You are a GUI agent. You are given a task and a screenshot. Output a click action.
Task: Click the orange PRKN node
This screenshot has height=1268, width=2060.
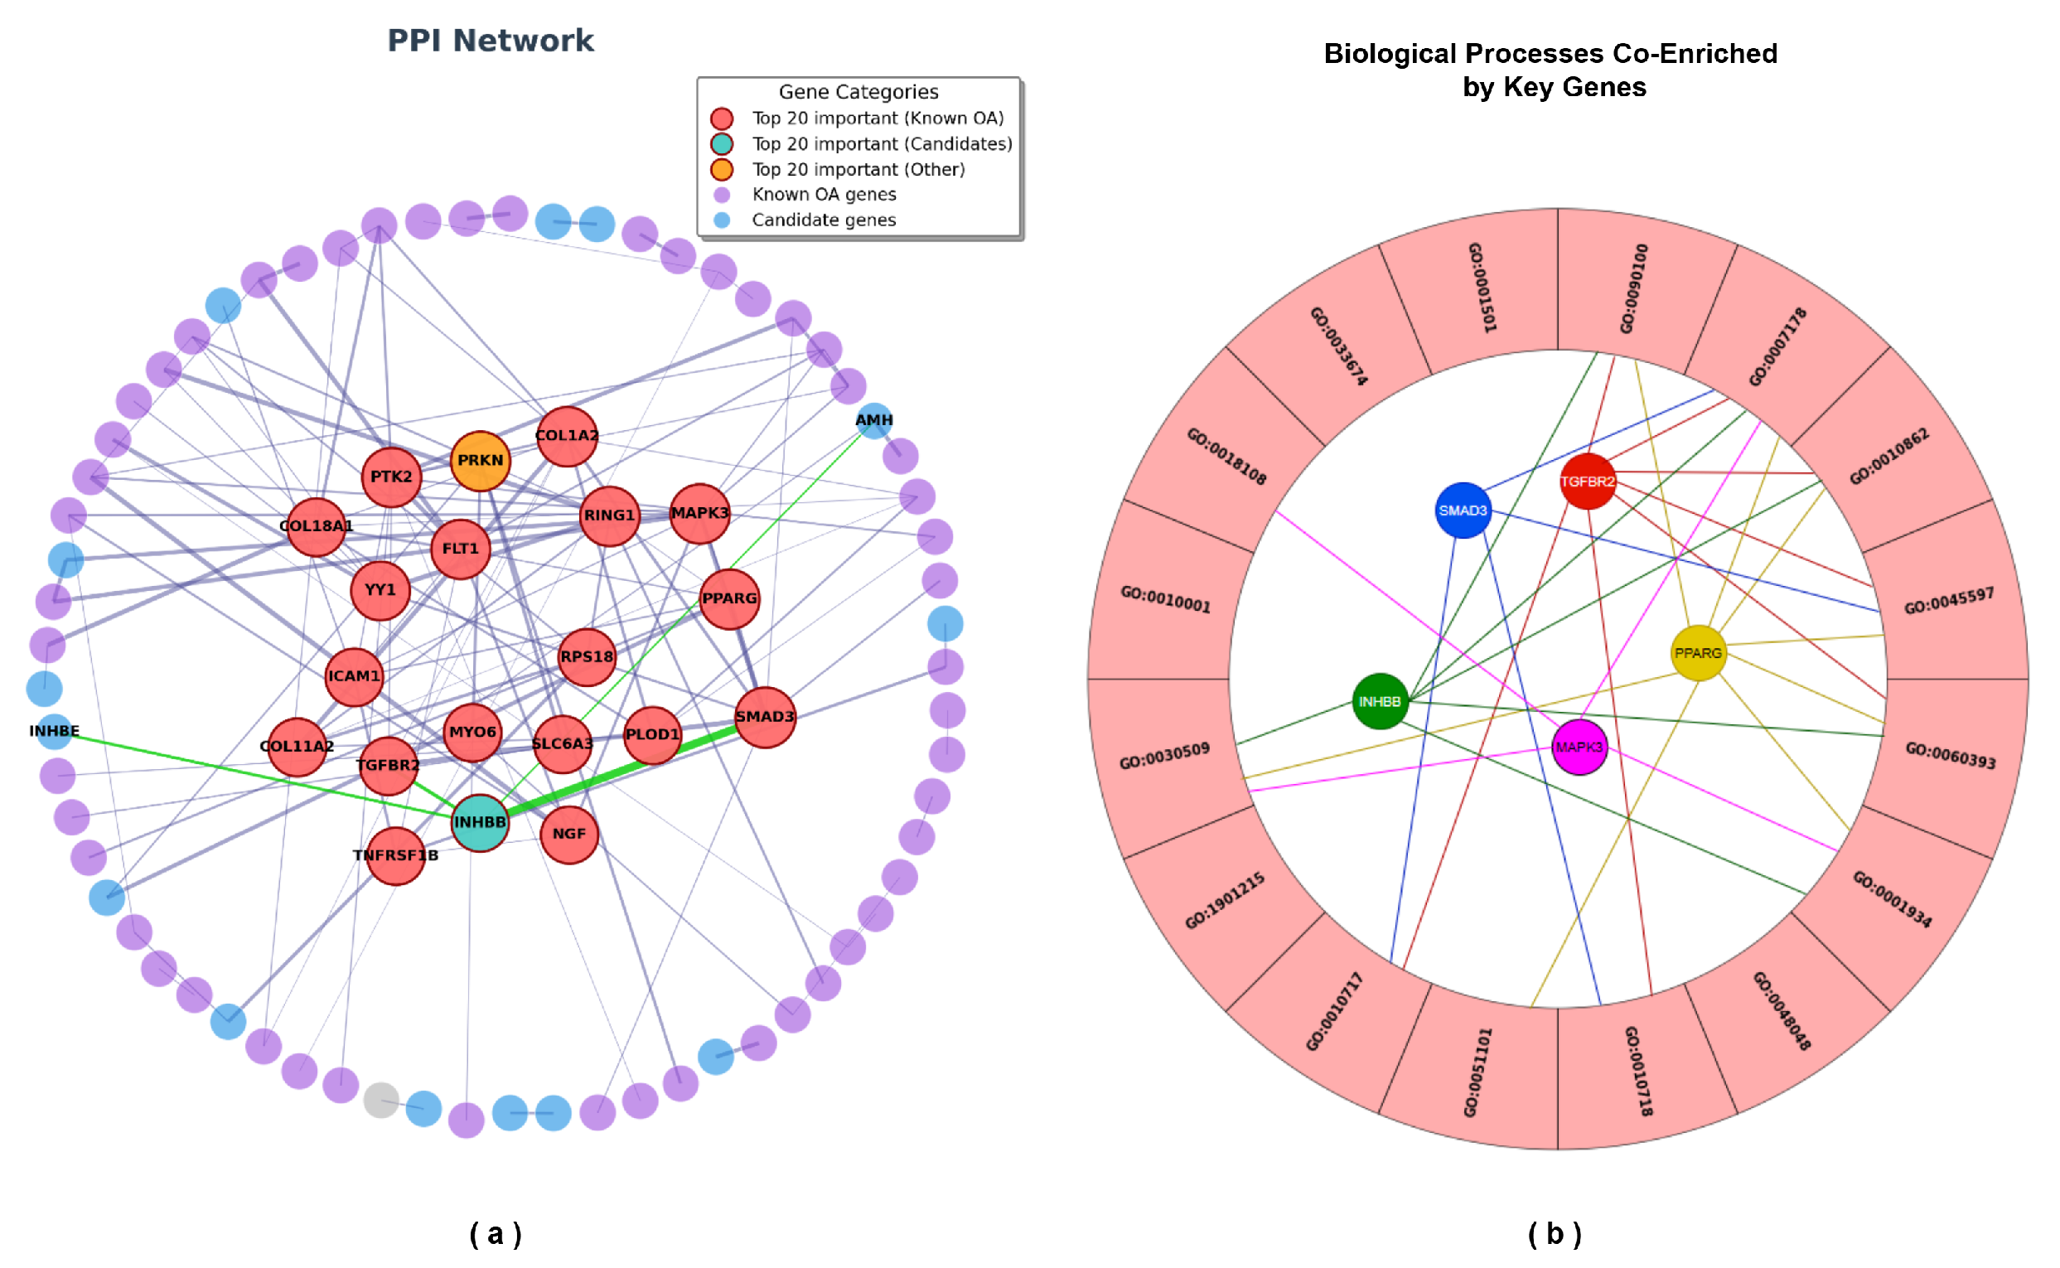(x=481, y=461)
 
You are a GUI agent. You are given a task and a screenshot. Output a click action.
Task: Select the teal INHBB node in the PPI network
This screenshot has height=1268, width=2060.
(x=480, y=823)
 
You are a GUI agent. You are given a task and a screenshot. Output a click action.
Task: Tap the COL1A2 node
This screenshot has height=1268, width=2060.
(x=568, y=436)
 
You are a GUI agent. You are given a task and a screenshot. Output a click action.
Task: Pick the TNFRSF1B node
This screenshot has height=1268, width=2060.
(x=396, y=856)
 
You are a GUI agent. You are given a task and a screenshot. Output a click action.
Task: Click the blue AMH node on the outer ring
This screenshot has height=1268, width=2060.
(x=874, y=421)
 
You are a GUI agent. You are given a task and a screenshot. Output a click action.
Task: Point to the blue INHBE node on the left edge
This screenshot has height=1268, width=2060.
(x=55, y=732)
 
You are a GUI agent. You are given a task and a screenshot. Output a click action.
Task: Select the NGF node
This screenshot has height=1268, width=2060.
(x=569, y=835)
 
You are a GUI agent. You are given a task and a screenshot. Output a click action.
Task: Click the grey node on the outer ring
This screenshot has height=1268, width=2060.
(x=380, y=1100)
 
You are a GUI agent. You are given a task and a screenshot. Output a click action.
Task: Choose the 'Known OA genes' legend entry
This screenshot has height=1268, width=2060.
(x=824, y=195)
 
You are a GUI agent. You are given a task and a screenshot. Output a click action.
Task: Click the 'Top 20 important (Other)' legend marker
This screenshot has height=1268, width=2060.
(x=722, y=169)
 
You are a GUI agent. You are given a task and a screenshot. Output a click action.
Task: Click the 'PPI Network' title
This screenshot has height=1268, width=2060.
(x=491, y=41)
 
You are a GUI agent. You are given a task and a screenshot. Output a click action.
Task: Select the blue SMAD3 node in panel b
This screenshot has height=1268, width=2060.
(x=1463, y=511)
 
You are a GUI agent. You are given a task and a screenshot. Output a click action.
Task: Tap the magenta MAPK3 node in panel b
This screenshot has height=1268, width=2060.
(x=1579, y=748)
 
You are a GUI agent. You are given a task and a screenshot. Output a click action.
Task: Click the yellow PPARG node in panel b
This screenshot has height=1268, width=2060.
(x=1698, y=653)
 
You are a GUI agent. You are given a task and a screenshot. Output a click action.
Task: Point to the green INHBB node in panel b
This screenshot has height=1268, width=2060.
(x=1380, y=702)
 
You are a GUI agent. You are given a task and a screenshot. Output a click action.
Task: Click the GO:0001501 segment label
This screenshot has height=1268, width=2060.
(x=1482, y=288)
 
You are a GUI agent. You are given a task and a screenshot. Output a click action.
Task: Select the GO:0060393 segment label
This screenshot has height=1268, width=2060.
(x=1950, y=755)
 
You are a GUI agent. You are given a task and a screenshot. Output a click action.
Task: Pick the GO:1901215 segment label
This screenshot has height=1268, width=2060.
(x=1225, y=902)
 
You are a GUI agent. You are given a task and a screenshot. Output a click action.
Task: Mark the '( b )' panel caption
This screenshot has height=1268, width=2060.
(x=1555, y=1234)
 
